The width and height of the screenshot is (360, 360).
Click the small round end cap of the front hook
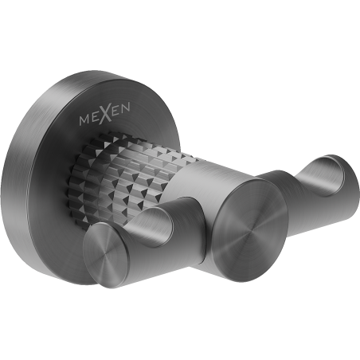[x=106, y=252]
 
